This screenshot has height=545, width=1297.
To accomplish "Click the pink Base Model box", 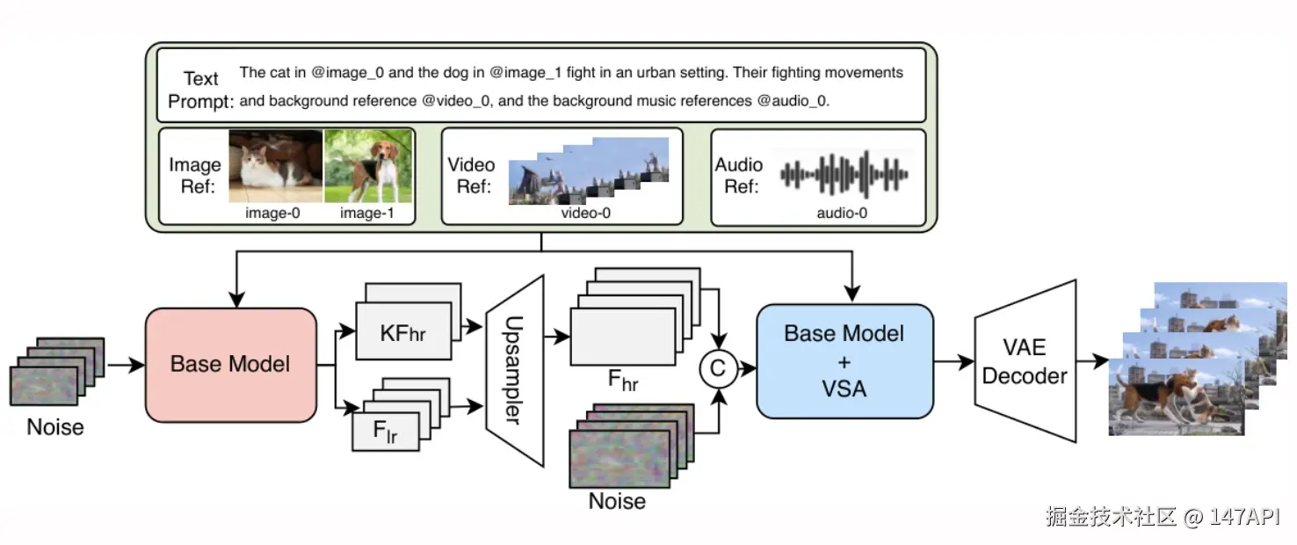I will coord(230,364).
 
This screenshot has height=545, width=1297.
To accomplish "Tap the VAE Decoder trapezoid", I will coord(1025,361).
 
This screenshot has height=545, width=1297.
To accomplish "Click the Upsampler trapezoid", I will coord(515,370).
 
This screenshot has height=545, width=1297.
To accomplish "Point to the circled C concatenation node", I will coord(718,369).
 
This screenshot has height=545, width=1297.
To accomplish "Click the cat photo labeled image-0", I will coord(275,167).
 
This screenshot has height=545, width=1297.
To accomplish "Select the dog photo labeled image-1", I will coord(368,167).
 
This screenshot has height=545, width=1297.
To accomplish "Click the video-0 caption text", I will coord(586,213).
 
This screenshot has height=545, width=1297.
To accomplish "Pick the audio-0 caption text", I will coord(841,213).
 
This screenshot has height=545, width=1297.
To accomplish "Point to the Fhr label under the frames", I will coord(623,380).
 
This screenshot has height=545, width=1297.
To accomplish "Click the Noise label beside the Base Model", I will coord(55,427).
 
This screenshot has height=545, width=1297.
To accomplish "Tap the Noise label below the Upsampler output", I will coord(617,501).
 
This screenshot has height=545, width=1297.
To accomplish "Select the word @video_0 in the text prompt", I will coord(457,101).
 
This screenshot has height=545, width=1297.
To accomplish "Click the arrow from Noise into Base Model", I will coord(125,364).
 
